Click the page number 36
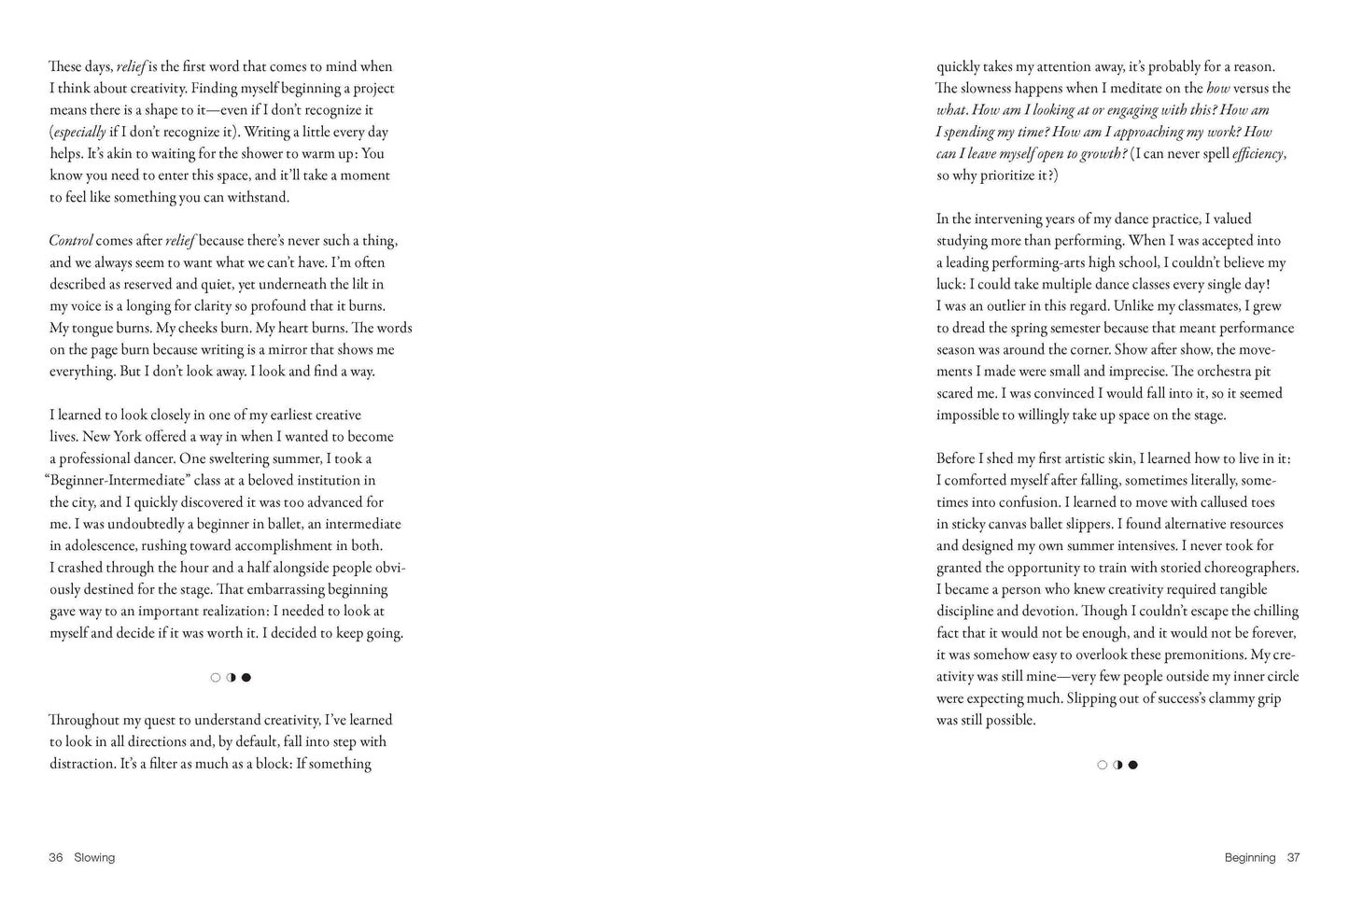[x=55, y=857]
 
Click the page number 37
[x=1293, y=857]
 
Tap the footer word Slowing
[x=94, y=857]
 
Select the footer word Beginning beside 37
[x=1250, y=857]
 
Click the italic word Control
[x=71, y=241]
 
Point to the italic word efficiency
[x=1258, y=154]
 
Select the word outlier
[x=1011, y=306]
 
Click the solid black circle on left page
[x=246, y=678]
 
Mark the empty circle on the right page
[x=1103, y=765]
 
